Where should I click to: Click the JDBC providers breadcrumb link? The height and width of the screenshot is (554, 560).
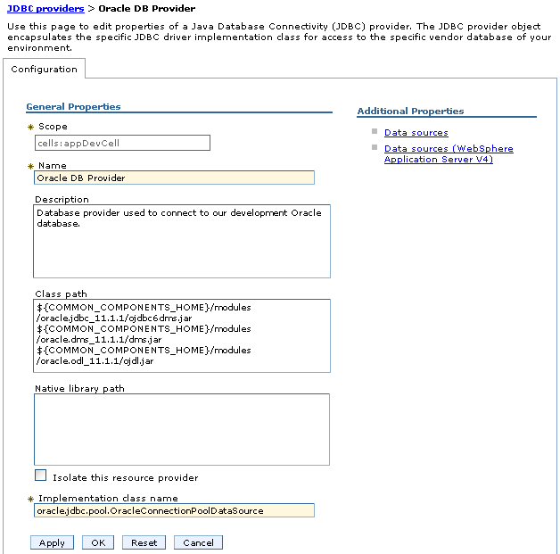[x=45, y=8]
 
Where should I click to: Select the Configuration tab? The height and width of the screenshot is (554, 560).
[x=44, y=69]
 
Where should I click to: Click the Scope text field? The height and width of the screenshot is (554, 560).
[x=122, y=143]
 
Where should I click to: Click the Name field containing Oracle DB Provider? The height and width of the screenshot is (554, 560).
[x=174, y=178]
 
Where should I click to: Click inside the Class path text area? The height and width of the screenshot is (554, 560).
[x=182, y=335]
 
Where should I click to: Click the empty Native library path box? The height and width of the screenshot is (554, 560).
[x=182, y=429]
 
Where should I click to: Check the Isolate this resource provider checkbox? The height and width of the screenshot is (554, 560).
[x=40, y=475]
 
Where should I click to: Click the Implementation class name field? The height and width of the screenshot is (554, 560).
[x=174, y=510]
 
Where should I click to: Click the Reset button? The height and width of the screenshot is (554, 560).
[x=144, y=542]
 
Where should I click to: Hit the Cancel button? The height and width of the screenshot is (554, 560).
[x=198, y=542]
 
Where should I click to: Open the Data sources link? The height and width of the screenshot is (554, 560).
[x=416, y=133]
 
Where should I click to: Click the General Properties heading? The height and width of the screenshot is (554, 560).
[x=73, y=107]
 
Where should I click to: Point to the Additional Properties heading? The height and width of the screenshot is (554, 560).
[x=410, y=112]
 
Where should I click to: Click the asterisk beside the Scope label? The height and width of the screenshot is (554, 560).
[x=30, y=128]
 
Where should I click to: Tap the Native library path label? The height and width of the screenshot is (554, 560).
[x=79, y=388]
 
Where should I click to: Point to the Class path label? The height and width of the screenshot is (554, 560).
[x=61, y=294]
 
